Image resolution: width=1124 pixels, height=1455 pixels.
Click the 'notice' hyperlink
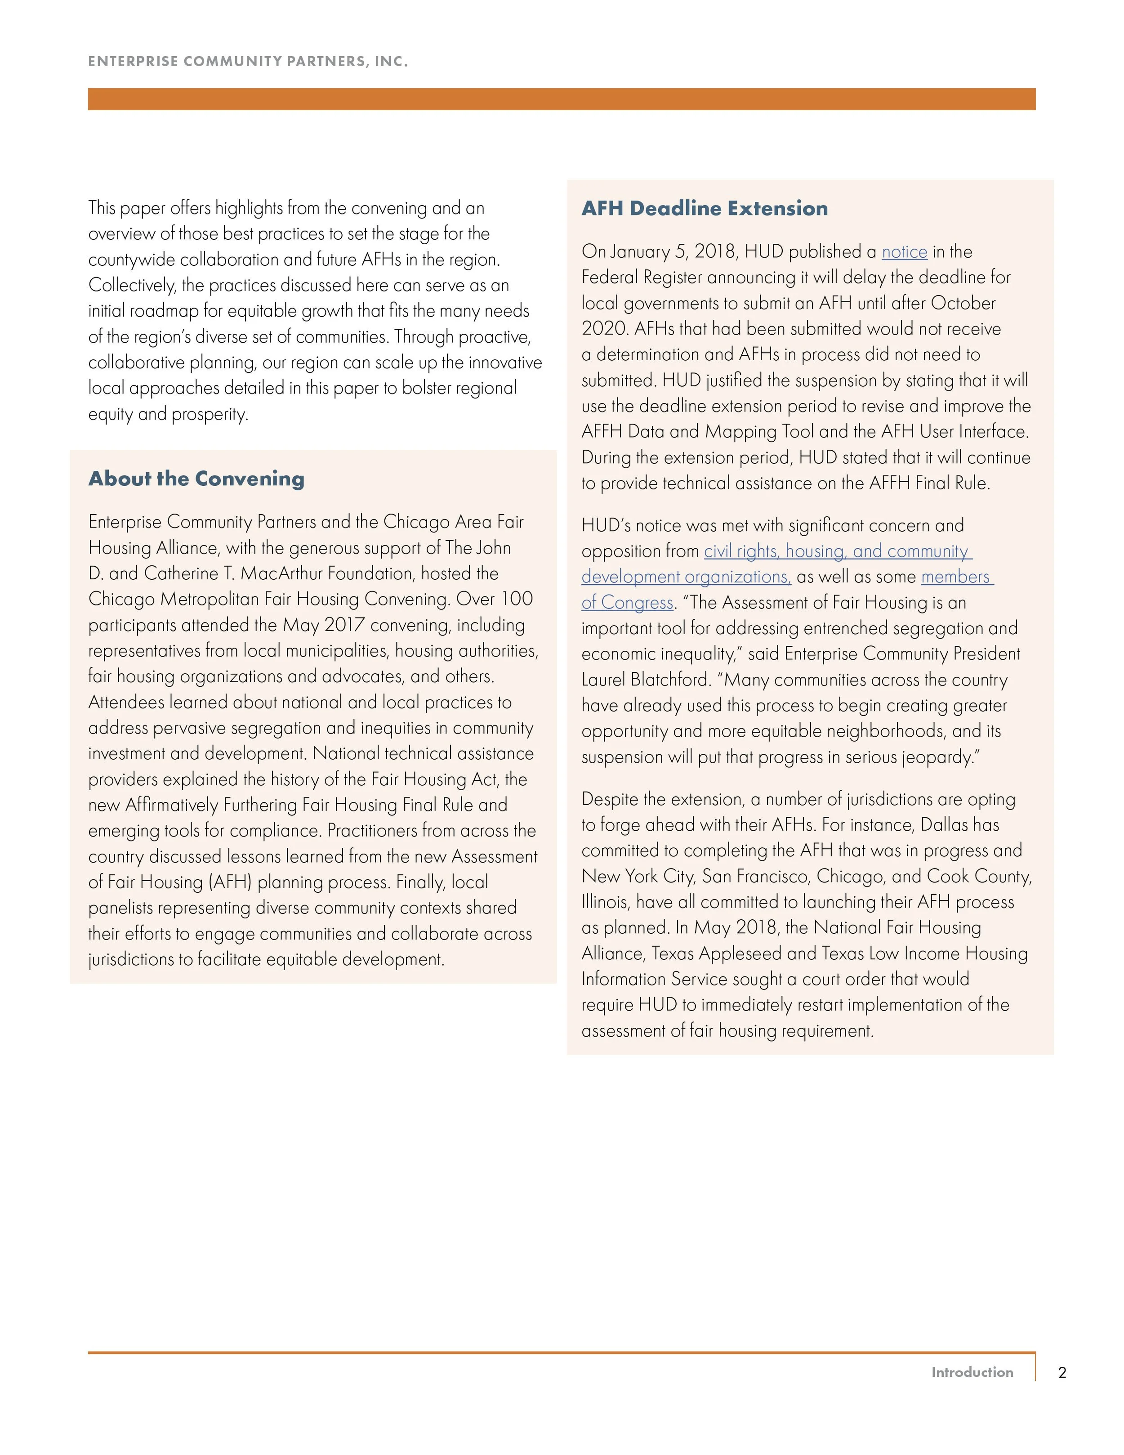[x=904, y=252]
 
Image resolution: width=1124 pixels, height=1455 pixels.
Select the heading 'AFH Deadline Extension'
[x=705, y=209]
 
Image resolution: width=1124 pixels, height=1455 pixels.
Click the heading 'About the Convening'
[x=196, y=479]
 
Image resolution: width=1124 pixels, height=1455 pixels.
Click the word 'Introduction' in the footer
[x=972, y=1372]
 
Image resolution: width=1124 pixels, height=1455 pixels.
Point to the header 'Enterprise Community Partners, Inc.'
[x=248, y=61]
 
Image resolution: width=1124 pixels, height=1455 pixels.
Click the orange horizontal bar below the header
[x=562, y=99]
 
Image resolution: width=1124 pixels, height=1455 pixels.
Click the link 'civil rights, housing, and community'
[x=838, y=551]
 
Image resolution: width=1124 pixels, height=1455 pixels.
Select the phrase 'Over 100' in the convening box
[x=494, y=599]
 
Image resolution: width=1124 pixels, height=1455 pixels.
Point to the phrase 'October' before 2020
[x=963, y=303]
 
